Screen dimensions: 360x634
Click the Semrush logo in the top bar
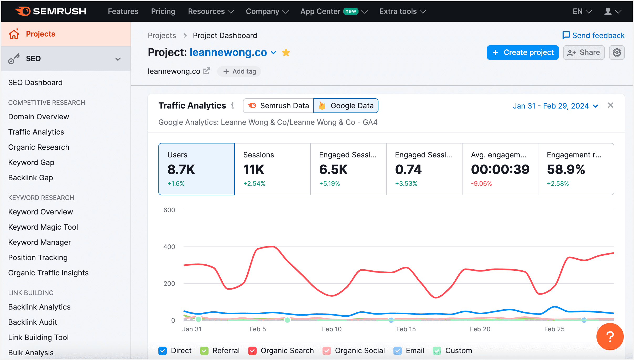(x=50, y=11)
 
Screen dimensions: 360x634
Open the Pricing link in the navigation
(x=163, y=11)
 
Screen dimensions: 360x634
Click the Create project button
(x=523, y=53)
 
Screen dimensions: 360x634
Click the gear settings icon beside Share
(x=617, y=53)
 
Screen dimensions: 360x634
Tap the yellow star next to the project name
(x=286, y=53)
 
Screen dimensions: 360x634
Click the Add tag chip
(x=239, y=71)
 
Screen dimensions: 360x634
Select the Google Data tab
(x=346, y=106)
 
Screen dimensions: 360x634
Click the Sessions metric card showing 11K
(x=272, y=169)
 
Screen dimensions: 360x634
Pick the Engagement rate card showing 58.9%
(x=576, y=169)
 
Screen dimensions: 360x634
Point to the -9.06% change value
(x=481, y=183)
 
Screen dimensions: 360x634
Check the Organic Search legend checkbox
(x=252, y=351)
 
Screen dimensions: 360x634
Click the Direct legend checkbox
(x=163, y=351)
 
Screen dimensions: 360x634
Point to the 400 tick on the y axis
(x=169, y=247)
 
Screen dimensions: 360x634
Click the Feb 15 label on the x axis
(x=406, y=329)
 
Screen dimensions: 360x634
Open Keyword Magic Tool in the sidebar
(x=43, y=227)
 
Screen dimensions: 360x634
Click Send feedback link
(x=594, y=35)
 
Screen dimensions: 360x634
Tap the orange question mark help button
(x=610, y=337)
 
